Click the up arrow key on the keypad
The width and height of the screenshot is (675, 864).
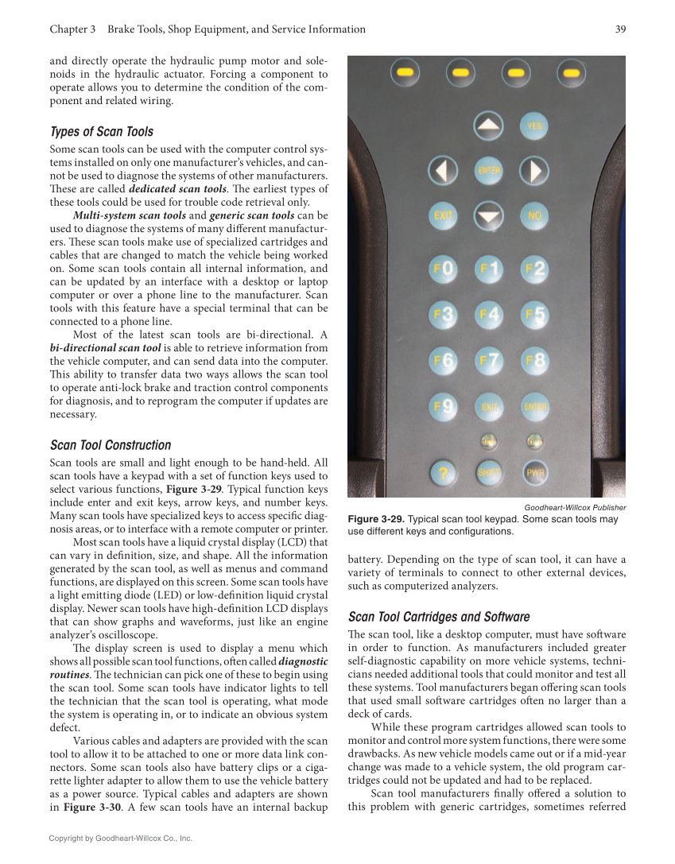tap(488, 126)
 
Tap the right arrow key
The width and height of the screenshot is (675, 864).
tap(535, 170)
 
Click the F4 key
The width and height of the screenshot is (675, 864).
tap(488, 316)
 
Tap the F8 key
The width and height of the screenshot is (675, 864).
tap(534, 362)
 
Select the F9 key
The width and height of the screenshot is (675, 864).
tap(442, 408)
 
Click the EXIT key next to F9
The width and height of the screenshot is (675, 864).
tap(488, 408)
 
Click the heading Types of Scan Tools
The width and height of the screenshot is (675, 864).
tap(101, 132)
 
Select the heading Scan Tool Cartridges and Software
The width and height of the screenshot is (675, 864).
tap(439, 617)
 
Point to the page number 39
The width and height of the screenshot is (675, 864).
tap(620, 29)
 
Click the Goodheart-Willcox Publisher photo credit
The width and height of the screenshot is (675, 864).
tap(575, 507)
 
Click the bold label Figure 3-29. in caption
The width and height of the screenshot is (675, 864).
tap(376, 519)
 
